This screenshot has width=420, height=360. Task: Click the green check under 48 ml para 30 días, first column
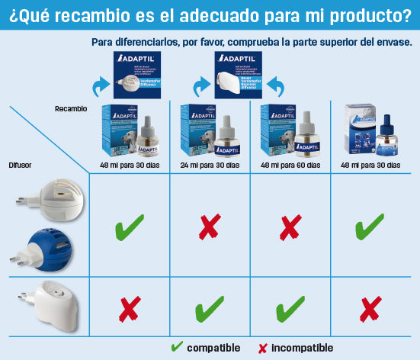click(x=130, y=227)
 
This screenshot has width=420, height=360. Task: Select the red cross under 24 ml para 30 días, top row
click(x=210, y=227)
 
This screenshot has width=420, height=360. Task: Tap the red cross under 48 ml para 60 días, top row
click(x=290, y=227)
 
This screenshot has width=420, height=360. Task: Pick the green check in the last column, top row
click(x=370, y=227)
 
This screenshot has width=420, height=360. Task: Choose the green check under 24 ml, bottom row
click(x=210, y=310)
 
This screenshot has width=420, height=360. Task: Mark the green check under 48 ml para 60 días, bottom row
click(x=290, y=310)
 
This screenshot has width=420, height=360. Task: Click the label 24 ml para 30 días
click(x=210, y=165)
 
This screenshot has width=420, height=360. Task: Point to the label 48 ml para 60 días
click(x=290, y=165)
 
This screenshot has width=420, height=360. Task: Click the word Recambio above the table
click(x=71, y=109)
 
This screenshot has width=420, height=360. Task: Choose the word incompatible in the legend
click(x=302, y=348)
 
